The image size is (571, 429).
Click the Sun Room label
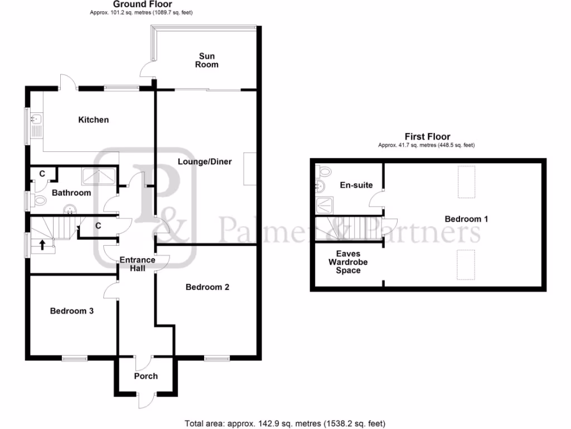pos(207,60)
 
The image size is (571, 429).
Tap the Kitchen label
pos(93,120)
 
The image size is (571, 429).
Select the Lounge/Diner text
pos(205,161)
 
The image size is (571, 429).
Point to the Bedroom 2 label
pos(207,287)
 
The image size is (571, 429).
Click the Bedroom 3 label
pos(71,311)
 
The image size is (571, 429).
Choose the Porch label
pos(146,376)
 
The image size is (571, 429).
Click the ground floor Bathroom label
pos(71,193)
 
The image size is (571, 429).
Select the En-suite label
pos(356,185)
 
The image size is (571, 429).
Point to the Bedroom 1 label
pos(466,219)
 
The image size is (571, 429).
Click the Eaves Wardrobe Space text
pos(344,262)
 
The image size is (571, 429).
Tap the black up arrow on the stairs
pos(42,244)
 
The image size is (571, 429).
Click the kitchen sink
pos(35,119)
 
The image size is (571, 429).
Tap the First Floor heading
pos(427,136)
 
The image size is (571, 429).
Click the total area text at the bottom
pos(285,423)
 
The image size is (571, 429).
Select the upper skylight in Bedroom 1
pos(466,183)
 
